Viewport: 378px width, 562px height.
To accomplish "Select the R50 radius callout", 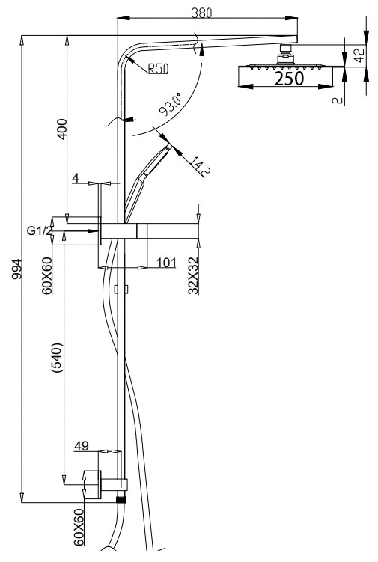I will [157, 69].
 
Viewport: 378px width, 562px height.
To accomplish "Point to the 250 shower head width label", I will [288, 79].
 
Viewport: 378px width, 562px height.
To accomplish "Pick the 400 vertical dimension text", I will [61, 129].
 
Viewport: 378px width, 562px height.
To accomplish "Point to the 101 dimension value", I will [166, 263].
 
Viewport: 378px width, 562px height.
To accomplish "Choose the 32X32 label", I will [193, 275].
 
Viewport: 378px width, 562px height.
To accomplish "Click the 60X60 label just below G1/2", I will [47, 275].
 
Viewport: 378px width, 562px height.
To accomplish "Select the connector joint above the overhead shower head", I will [284, 53].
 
